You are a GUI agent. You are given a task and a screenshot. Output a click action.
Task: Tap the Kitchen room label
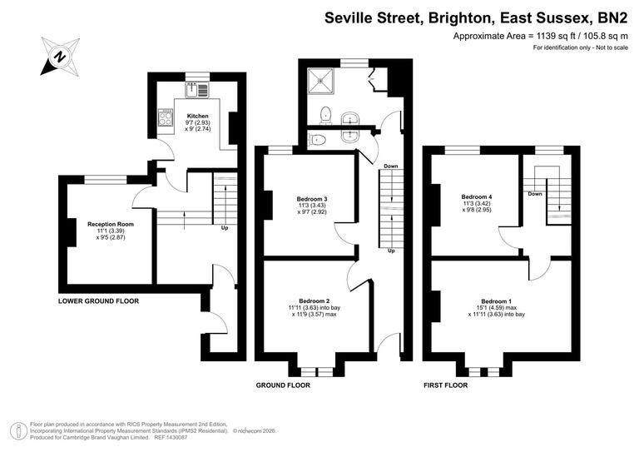pyautogui.click(x=197, y=116)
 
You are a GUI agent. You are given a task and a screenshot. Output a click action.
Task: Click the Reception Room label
pyautogui.click(x=111, y=224)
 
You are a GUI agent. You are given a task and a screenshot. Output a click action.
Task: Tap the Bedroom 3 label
pyautogui.click(x=312, y=199)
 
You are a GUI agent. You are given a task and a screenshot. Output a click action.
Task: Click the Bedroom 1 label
pyautogui.click(x=497, y=301)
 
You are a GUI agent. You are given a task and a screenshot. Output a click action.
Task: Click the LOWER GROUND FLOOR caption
pyautogui.click(x=98, y=301)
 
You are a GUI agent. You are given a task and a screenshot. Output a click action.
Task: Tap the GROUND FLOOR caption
pyautogui.click(x=284, y=385)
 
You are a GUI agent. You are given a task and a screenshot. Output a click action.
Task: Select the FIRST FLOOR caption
pyautogui.click(x=445, y=385)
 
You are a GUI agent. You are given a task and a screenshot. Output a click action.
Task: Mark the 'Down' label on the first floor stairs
pyautogui.click(x=535, y=194)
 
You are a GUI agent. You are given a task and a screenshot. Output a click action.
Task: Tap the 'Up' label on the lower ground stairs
pyautogui.click(x=225, y=227)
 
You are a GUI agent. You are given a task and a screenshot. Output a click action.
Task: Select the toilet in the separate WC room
pyautogui.click(x=317, y=140)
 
